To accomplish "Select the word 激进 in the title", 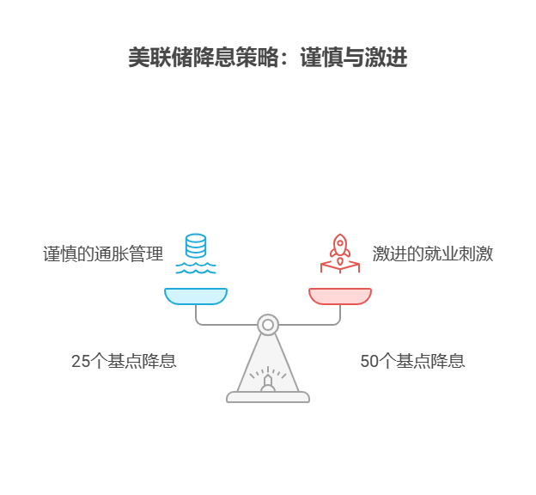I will pos(386,58).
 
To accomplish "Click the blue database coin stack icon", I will pos(196,245).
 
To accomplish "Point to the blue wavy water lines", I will pos(196,268).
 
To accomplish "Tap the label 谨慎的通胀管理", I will pos(103,254).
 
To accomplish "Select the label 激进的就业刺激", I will pos(432,254).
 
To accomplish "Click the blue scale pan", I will pos(196,296).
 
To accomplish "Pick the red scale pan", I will pos(340,296).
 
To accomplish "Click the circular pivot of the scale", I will pos(268,324).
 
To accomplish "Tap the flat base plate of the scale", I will pos(268,397).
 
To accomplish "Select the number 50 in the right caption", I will pos(369,362).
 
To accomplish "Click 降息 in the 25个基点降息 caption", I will pos(160,362).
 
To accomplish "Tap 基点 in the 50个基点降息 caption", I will pos(413,362).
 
